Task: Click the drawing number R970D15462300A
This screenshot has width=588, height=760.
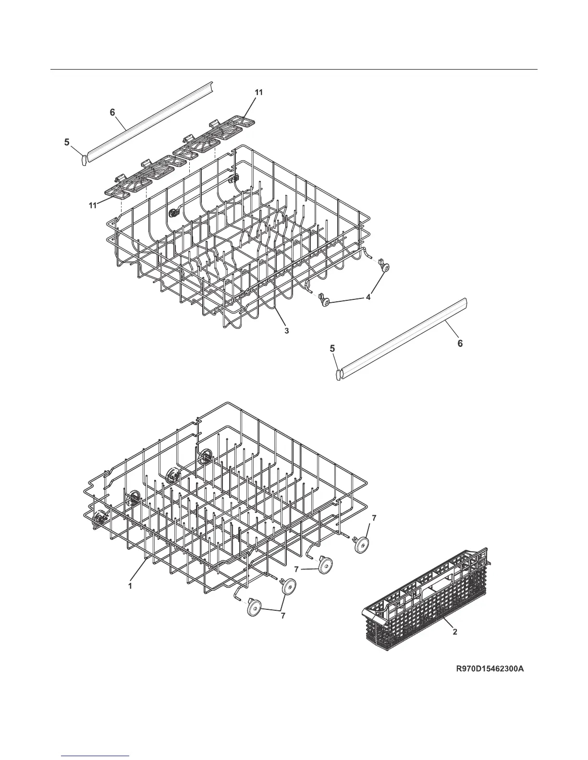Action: click(x=490, y=668)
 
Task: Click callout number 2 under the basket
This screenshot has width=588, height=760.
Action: click(x=455, y=632)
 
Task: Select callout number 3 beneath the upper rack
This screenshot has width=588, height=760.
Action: click(x=286, y=331)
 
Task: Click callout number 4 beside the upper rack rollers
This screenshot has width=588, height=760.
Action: click(x=368, y=297)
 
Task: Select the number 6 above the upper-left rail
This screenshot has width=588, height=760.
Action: click(x=112, y=112)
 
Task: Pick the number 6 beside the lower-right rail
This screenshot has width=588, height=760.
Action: click(x=460, y=344)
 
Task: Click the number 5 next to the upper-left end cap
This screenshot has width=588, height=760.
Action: click(x=67, y=142)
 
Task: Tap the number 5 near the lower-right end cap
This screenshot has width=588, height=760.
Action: click(x=332, y=349)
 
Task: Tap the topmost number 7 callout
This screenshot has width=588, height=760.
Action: click(x=374, y=518)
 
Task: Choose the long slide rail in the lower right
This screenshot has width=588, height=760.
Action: click(x=404, y=338)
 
